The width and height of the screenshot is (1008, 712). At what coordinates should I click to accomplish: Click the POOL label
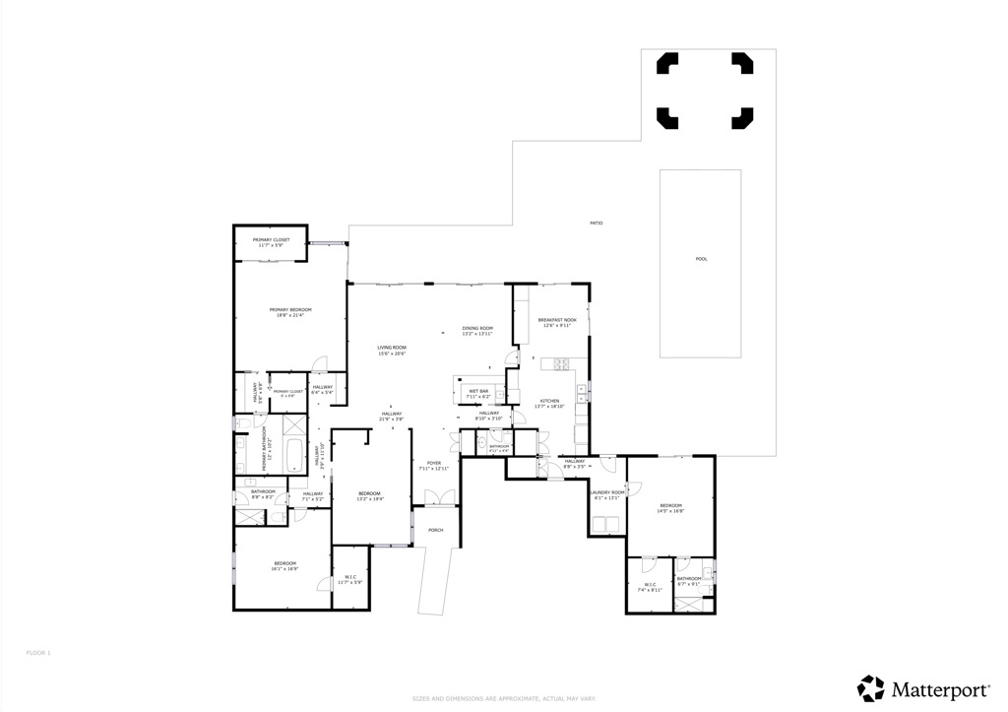coord(701,259)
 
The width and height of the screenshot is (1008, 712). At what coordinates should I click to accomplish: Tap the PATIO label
coord(596,224)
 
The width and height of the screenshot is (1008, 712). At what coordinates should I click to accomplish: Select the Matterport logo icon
coord(871,687)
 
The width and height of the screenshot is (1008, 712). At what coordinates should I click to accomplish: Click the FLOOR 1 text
coord(37,652)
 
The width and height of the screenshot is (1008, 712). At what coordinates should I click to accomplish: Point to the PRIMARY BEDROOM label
coord(289,309)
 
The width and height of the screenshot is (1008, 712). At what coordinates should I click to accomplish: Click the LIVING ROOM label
coord(391,348)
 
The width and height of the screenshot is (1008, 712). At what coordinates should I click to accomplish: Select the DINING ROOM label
coord(477,328)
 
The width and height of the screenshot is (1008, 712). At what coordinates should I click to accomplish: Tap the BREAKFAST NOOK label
coord(557,320)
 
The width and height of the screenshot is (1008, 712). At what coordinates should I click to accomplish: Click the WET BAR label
coord(478,391)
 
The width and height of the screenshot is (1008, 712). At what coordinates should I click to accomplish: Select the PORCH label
coord(435,530)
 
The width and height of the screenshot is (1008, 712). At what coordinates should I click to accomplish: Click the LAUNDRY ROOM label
coord(606,491)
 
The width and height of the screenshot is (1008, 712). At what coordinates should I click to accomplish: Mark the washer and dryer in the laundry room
coord(606,525)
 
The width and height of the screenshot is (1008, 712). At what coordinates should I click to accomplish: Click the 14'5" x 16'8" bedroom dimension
coord(670,511)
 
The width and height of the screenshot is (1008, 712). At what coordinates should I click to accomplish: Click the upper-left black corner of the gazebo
coord(666,63)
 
